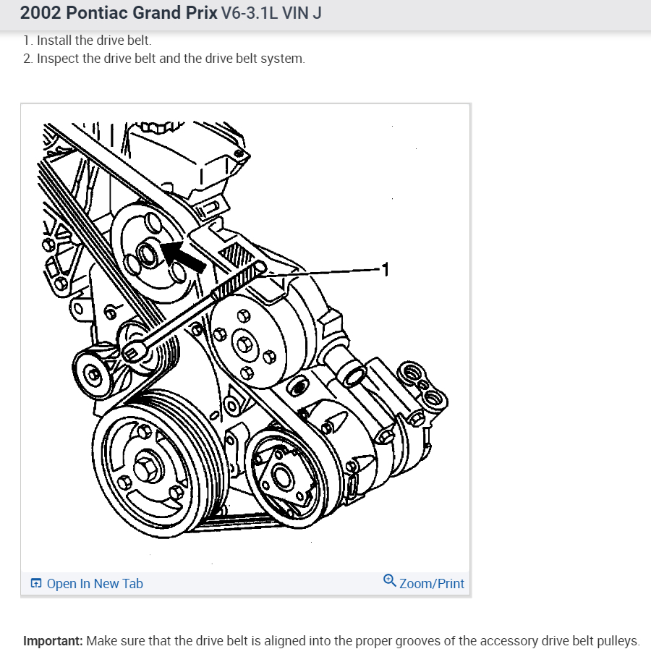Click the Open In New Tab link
pos(94,584)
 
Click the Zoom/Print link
pos(431,584)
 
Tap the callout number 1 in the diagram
pos(386,270)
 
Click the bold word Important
pos(53,641)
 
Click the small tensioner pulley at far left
pos(93,374)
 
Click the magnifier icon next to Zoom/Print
pos(390,581)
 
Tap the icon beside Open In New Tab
pos(36,584)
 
